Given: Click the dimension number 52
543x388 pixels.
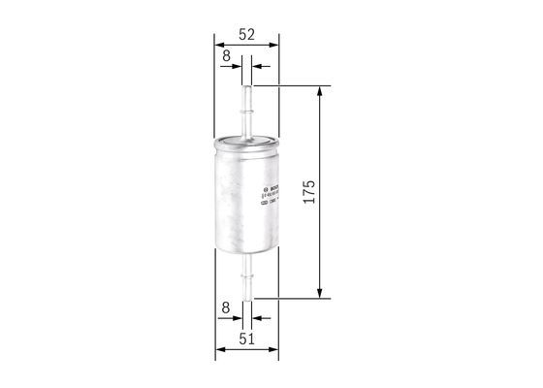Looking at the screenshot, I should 246,34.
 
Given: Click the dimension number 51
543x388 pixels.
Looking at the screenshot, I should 246,339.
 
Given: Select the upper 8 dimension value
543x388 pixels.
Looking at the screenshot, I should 226,56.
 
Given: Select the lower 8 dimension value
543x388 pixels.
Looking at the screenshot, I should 225,308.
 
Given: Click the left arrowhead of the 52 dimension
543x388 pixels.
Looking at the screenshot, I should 218,44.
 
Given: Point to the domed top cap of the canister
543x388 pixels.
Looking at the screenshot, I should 246,140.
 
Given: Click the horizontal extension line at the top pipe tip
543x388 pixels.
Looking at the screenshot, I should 291,84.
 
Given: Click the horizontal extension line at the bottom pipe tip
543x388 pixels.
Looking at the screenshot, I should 291,297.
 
